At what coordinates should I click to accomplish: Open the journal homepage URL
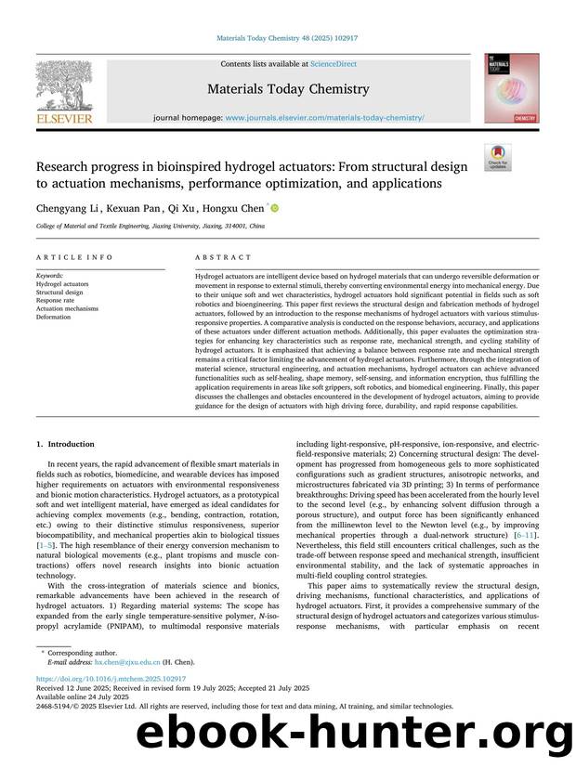tap(325, 118)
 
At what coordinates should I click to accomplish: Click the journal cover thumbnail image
tap(510, 89)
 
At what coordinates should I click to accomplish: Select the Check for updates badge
tap(497, 157)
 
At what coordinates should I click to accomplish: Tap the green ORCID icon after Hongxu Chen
tap(274, 209)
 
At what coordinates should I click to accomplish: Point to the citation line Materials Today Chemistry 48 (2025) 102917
tap(287, 37)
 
